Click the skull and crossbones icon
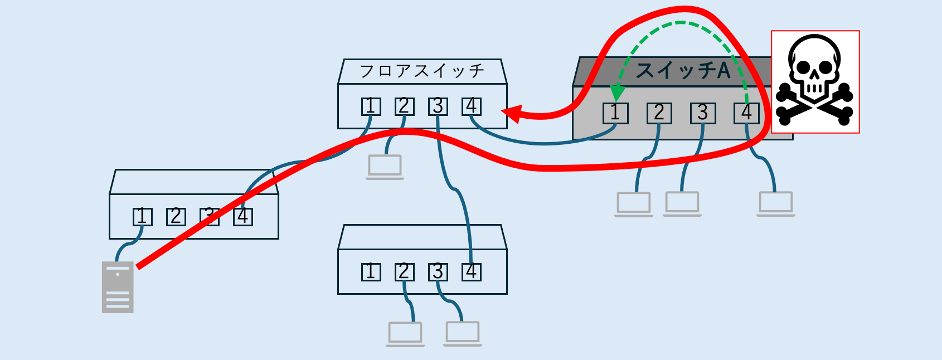(x=815, y=81)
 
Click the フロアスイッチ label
(x=422, y=71)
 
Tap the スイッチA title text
(x=683, y=71)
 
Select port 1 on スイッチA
(x=615, y=113)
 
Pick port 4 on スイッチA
(x=746, y=113)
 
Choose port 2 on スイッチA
(x=659, y=113)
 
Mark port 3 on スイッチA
(x=702, y=113)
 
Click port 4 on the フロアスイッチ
(x=472, y=106)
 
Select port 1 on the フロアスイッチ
(x=371, y=106)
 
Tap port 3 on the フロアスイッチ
(x=438, y=106)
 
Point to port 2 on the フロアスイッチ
(x=404, y=106)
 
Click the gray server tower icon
(x=118, y=287)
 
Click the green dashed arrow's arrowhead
(x=617, y=93)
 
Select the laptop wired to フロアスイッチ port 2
(x=385, y=167)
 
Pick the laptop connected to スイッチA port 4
(x=776, y=204)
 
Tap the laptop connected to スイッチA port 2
(x=634, y=204)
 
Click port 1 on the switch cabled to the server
(x=142, y=216)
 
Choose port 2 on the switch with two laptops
(x=404, y=272)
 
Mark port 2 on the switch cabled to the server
(x=176, y=216)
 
